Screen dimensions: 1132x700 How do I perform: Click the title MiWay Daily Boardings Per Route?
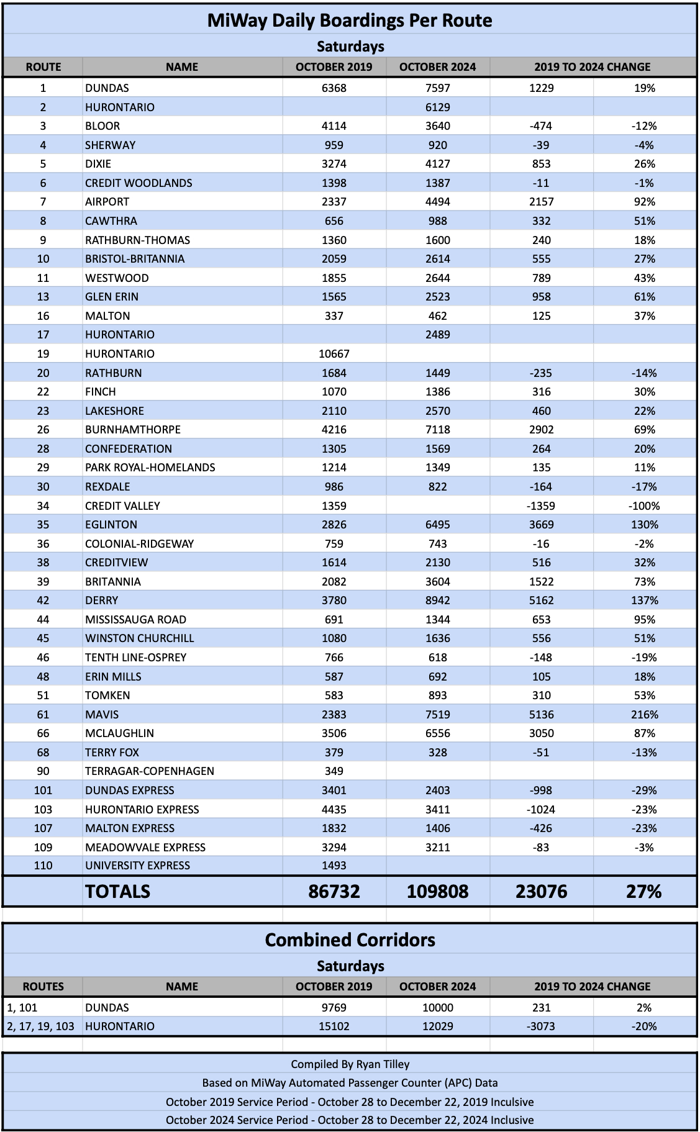coord(350,20)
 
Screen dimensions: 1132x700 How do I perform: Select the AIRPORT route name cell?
coord(107,202)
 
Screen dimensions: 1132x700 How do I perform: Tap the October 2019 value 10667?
coord(334,354)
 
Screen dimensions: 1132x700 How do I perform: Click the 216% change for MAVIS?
coord(644,715)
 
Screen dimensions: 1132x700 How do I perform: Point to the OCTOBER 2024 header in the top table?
coord(437,67)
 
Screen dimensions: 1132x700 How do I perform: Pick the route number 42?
coord(43,600)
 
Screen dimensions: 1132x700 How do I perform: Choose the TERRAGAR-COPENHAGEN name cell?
coord(150,771)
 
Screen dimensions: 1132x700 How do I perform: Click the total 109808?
coord(437,892)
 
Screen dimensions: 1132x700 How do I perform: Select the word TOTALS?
coord(117,892)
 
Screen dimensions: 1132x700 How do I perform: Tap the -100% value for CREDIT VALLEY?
coord(644,506)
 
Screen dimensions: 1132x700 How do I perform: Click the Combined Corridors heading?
coord(350,940)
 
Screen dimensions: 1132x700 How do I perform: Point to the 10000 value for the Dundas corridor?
coord(437,1008)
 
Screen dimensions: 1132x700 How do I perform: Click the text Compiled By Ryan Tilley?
coord(350,1064)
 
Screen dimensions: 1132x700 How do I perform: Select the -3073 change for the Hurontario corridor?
coord(541,1026)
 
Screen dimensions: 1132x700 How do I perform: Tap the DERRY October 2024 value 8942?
coord(437,600)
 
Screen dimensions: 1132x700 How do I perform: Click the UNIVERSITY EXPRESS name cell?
coord(137,866)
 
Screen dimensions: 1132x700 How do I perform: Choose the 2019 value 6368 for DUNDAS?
coord(334,88)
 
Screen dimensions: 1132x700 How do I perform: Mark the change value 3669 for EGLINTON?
coord(541,525)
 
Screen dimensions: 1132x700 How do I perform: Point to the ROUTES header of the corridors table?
coord(43,987)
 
